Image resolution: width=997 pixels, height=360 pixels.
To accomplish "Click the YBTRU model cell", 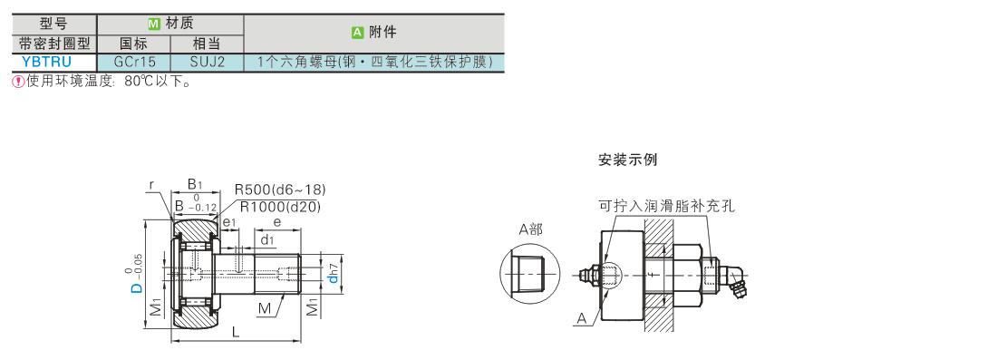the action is click(54, 63).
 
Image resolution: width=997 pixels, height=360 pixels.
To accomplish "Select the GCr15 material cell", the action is click(133, 63).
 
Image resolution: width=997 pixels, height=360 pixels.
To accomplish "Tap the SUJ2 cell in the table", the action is click(208, 63).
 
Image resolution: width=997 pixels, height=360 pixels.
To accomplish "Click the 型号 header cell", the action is click(54, 24).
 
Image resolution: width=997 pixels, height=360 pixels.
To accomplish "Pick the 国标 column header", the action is click(133, 44).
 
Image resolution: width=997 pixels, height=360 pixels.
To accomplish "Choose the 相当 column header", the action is click(208, 44).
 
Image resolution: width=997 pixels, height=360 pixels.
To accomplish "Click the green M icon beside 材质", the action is click(153, 24).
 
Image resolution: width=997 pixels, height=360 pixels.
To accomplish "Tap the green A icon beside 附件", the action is click(357, 33).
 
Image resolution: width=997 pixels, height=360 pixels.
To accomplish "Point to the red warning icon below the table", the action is click(18, 82).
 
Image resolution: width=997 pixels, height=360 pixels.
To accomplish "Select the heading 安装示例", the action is click(627, 160).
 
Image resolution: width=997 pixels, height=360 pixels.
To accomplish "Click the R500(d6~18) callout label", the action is click(280, 190).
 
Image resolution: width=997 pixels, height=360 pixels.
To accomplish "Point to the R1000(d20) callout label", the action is click(280, 206).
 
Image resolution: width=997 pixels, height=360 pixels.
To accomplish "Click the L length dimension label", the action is click(236, 332).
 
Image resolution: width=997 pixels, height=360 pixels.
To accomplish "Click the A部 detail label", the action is click(530, 229).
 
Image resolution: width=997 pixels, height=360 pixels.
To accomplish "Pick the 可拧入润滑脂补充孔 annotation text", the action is click(666, 206).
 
